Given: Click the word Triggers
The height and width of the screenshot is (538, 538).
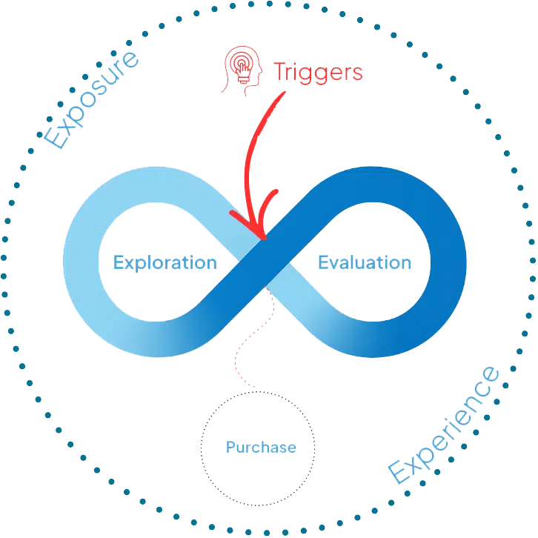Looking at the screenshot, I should coord(319,73).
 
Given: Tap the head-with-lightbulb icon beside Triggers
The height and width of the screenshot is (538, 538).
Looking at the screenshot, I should coord(241,71).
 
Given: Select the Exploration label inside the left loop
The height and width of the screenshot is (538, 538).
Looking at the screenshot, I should coord(165,263).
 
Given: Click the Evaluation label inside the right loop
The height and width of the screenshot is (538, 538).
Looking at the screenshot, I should coord(363,263).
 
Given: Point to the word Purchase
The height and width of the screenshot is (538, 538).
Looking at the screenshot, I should coord(260,448).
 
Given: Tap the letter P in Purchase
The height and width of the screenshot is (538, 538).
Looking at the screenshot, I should coord(230,448).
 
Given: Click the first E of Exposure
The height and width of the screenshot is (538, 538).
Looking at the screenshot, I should coord(56,137).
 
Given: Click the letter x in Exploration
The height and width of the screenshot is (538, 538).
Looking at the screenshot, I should coord(127,263).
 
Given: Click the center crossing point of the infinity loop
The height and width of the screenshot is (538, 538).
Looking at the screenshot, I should coord(265,262).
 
